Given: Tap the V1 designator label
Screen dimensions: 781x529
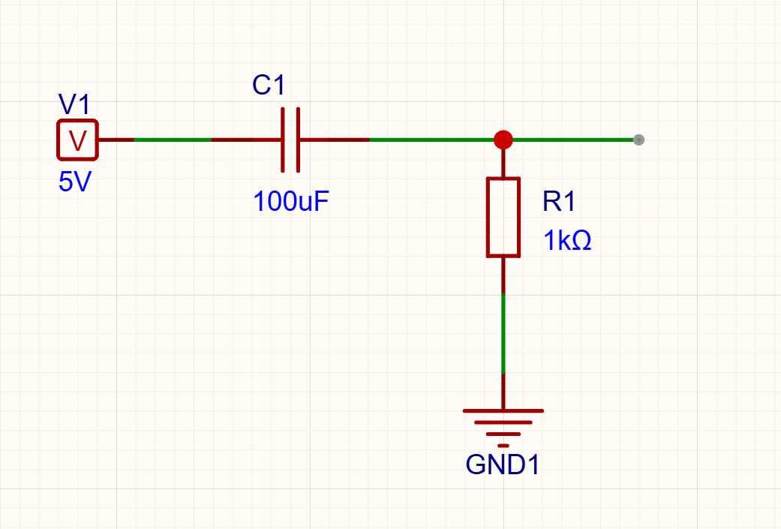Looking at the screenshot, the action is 74,104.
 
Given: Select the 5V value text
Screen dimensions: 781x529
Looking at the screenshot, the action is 75,182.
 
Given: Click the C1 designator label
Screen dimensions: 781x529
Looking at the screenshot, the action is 269,85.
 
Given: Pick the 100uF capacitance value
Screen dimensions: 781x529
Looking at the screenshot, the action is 291,201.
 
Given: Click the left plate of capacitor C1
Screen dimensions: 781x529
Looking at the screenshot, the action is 282,140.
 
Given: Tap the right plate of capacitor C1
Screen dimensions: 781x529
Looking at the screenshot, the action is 299,140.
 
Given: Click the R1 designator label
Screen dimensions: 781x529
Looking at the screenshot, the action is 559,201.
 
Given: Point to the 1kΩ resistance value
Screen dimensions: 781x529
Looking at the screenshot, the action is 567,241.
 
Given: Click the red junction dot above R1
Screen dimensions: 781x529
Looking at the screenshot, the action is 503,140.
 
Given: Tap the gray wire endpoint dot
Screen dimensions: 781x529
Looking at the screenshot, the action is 638,140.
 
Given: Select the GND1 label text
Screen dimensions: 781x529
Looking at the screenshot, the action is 503,464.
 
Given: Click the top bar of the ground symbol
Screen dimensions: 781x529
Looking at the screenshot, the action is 503,411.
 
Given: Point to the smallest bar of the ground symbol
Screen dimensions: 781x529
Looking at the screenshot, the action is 503,445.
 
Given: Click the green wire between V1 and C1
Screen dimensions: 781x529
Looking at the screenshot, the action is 173,140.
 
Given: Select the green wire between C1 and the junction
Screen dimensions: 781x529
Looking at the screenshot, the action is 431,140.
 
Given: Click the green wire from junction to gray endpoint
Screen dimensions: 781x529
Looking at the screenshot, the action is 572,140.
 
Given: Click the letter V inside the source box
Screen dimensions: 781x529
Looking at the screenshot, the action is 78,140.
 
